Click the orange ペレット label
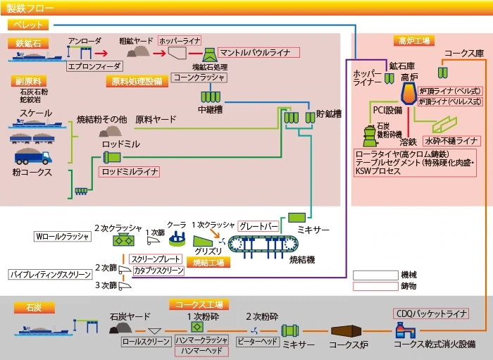click(x=28, y=25)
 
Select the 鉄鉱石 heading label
click(x=29, y=42)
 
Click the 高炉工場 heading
click(x=414, y=40)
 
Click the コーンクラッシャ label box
click(x=199, y=77)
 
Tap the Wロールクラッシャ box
click(x=62, y=237)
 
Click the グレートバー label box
click(x=257, y=226)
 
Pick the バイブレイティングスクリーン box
click(x=51, y=273)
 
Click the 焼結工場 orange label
click(x=209, y=261)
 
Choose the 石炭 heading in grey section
click(x=35, y=308)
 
